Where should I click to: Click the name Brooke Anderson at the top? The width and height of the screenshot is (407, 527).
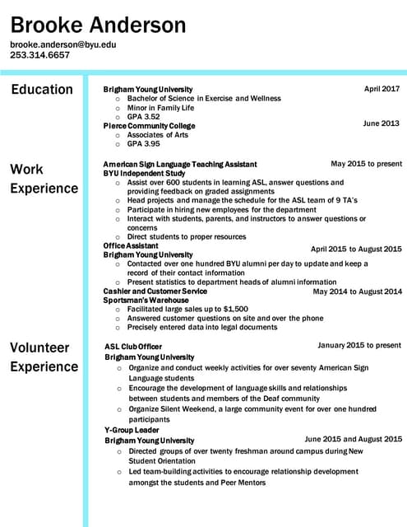click(98, 25)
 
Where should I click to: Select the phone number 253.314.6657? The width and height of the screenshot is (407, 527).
click(39, 55)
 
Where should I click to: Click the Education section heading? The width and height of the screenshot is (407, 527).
click(41, 90)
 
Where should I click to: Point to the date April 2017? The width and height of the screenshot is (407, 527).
click(382, 88)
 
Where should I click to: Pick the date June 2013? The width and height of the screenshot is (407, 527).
click(381, 124)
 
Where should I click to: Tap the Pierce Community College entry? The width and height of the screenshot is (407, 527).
click(149, 126)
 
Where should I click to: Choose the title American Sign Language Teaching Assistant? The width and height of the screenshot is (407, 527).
click(180, 165)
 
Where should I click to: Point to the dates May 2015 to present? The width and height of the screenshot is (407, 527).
click(366, 164)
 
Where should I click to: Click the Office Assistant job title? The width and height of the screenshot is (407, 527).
click(131, 245)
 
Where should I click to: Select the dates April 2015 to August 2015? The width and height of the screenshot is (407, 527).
click(356, 249)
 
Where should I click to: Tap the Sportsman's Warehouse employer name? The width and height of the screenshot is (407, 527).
click(146, 300)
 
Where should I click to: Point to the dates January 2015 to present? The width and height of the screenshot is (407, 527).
click(359, 345)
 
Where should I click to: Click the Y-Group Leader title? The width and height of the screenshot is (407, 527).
click(132, 430)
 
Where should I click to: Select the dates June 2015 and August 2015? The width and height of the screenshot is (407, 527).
click(354, 440)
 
